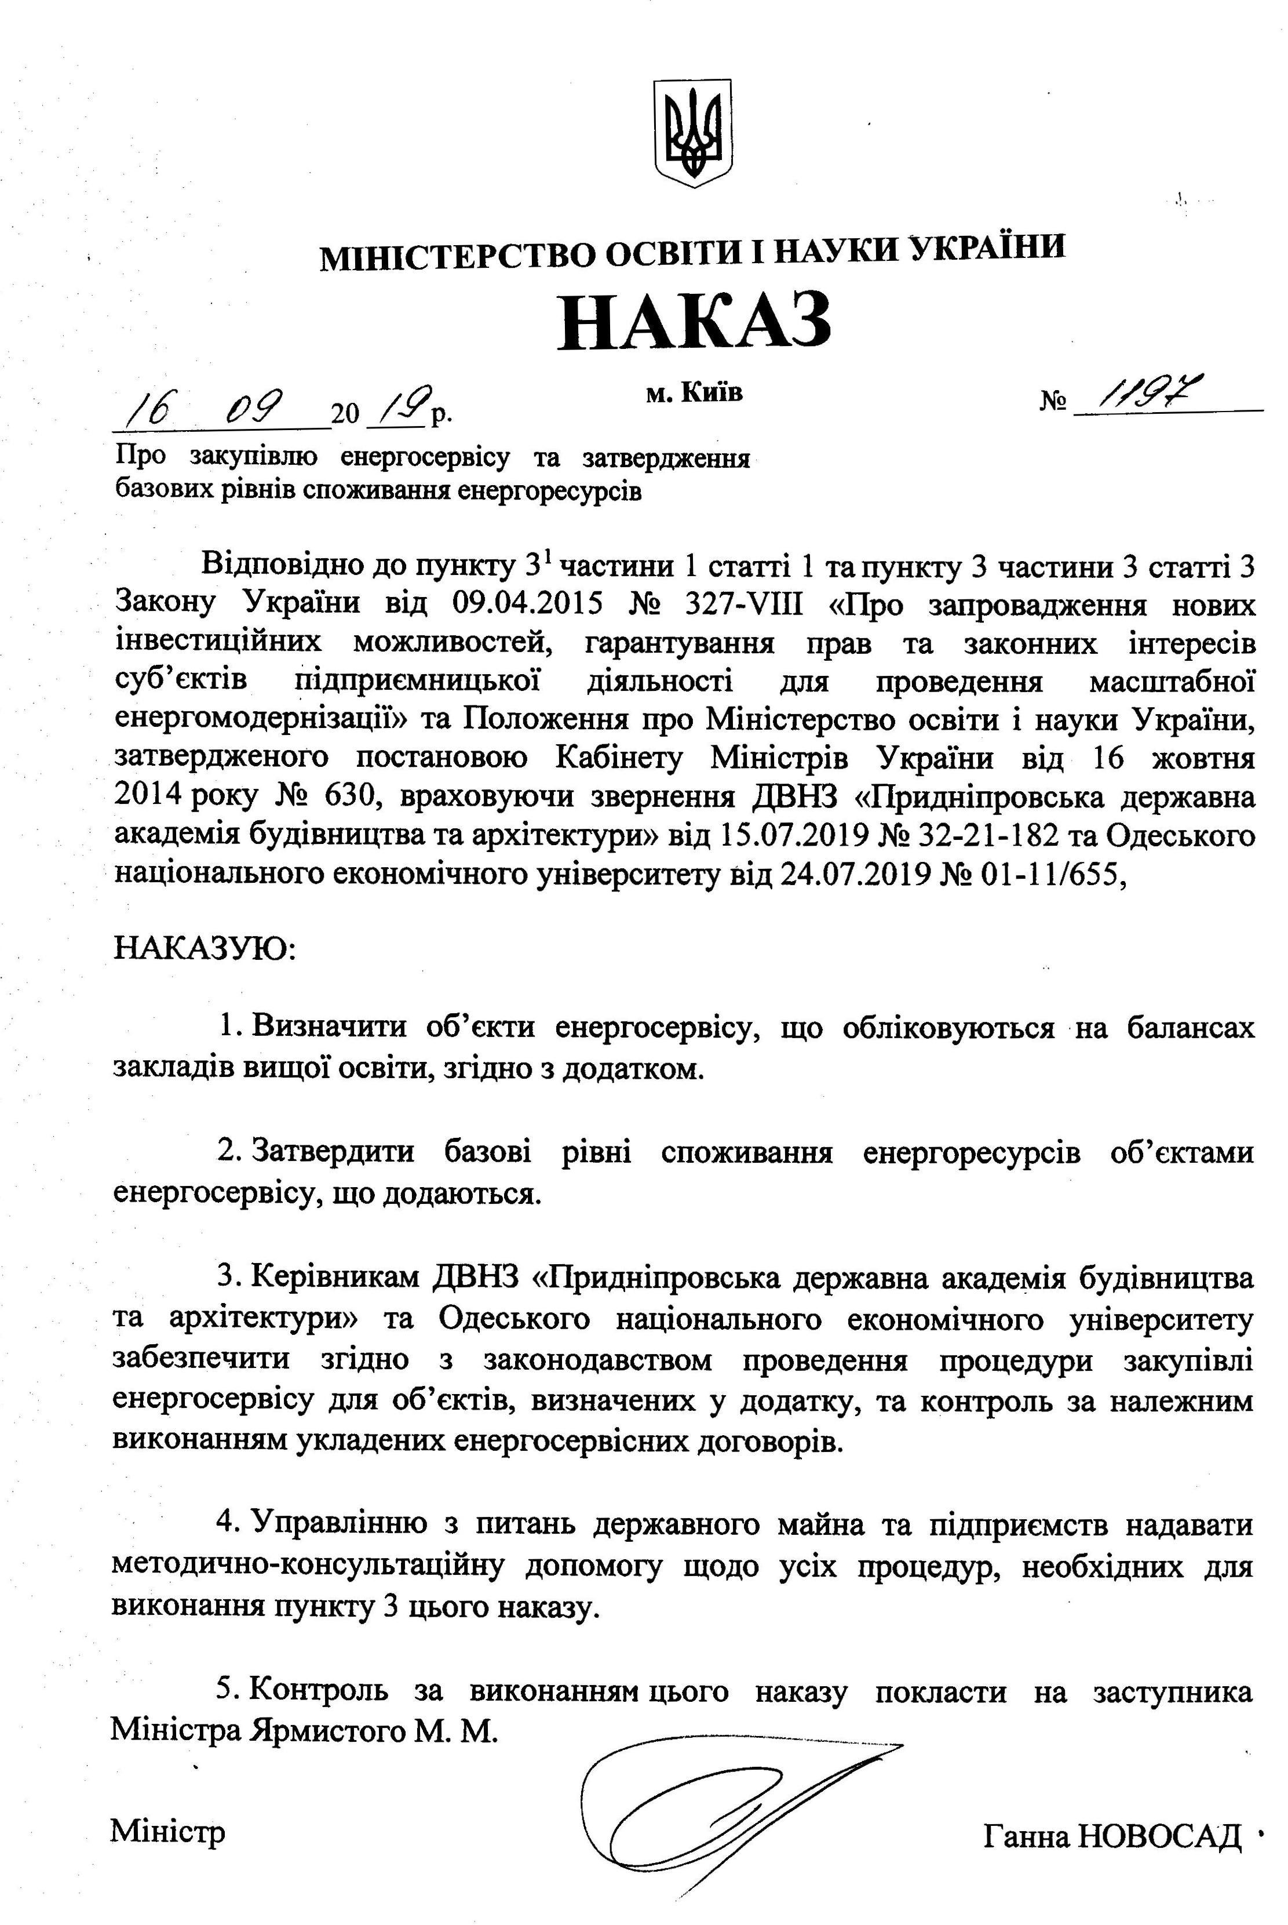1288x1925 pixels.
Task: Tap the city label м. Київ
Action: coord(694,393)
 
